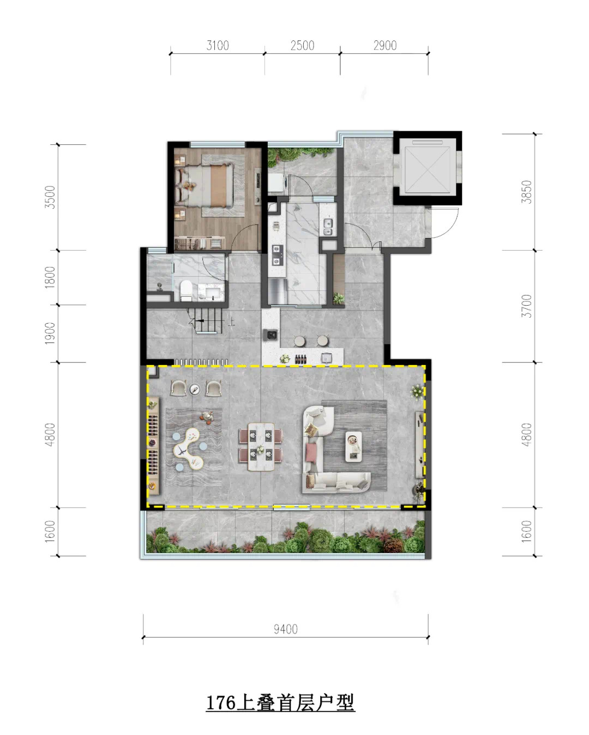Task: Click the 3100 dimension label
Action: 218,45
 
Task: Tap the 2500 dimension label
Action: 302,45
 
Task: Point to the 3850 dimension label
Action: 527,192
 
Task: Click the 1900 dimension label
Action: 50,333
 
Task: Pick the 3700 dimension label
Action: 527,306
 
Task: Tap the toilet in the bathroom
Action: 185,290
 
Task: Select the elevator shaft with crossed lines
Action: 428,166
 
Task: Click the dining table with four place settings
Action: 261,446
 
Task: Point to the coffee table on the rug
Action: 353,446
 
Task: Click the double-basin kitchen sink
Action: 327,227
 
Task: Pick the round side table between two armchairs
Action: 195,388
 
